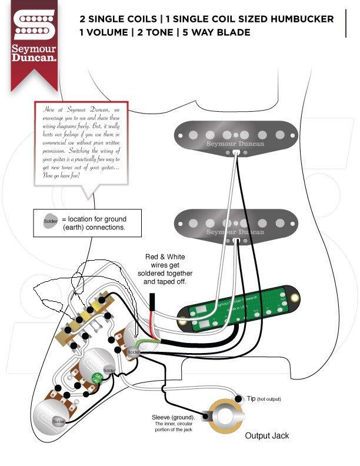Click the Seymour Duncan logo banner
(34, 39)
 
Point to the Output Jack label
(266, 436)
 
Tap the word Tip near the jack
(251, 399)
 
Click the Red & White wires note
(165, 269)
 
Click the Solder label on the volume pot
(134, 352)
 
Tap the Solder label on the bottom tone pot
(58, 422)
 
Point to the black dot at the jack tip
(239, 400)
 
